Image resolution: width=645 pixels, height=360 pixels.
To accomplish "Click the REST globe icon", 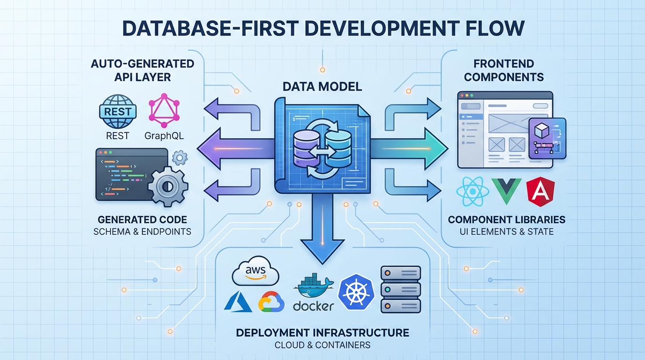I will click(x=118, y=112).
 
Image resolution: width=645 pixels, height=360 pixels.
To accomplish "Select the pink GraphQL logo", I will click(x=164, y=112).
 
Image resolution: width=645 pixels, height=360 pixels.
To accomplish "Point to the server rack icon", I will click(x=400, y=289).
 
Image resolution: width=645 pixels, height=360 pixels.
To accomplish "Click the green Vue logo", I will click(x=506, y=192).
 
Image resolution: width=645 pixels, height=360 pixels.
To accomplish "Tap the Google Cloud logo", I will click(x=271, y=302).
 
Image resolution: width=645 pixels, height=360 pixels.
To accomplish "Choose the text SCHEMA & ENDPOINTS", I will click(x=142, y=232).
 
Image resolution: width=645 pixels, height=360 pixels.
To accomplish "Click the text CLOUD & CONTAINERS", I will click(x=322, y=345).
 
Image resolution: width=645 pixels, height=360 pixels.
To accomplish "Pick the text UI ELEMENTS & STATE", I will click(x=506, y=232).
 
